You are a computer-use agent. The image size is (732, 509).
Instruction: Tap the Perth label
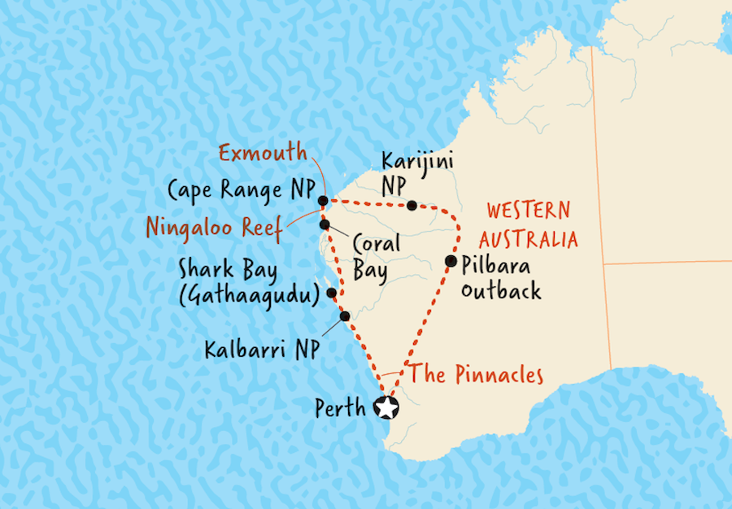pos(342,408)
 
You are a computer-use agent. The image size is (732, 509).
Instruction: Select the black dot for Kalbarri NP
pos(345,316)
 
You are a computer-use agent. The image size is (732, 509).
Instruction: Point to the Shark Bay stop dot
pos(331,294)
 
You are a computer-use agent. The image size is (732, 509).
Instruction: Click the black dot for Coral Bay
pos(325,224)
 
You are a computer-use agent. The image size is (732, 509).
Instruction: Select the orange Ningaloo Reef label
pos(213,227)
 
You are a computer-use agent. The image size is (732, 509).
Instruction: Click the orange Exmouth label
pos(263,151)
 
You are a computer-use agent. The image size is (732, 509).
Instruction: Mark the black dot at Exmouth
pos(323,200)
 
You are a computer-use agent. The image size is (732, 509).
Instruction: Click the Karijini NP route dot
pos(412,205)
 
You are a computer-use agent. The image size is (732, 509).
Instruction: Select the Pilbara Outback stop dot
pos(450,261)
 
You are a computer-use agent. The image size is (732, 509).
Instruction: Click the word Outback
pos(500,289)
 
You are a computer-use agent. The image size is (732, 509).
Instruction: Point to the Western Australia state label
pos(528,224)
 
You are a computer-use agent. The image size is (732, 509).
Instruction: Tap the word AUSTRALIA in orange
pos(528,239)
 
